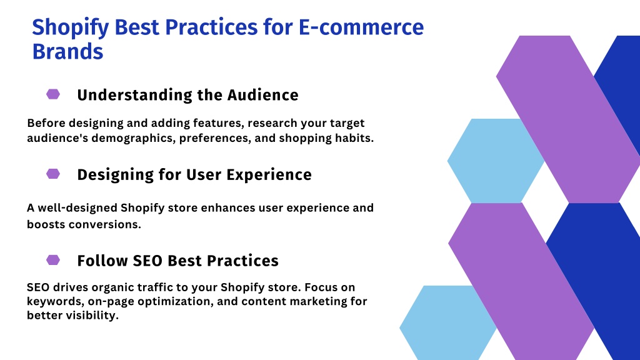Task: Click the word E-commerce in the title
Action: pyautogui.click(x=361, y=27)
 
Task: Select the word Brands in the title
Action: pyautogui.click(x=67, y=52)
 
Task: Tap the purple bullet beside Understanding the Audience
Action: pyautogui.click(x=53, y=94)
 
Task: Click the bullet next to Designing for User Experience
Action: pyautogui.click(x=53, y=174)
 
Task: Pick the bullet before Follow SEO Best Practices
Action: pyautogui.click(x=53, y=260)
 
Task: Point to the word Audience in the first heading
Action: pyautogui.click(x=263, y=95)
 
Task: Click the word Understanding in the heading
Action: pyautogui.click(x=135, y=96)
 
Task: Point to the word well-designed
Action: pyautogui.click(x=77, y=207)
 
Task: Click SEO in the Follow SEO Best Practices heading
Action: pyautogui.click(x=147, y=261)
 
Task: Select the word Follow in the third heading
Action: pyautogui.click(x=102, y=261)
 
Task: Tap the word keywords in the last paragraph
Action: pyautogui.click(x=56, y=302)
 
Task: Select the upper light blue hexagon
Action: pyautogui.click(x=496, y=161)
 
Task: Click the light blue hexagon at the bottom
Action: pyautogui.click(x=448, y=323)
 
